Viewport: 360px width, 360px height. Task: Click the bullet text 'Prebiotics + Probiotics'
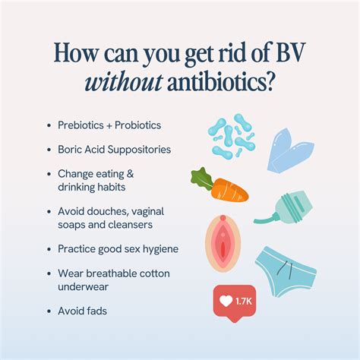click(x=109, y=125)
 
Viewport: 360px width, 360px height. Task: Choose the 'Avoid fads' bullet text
click(x=82, y=310)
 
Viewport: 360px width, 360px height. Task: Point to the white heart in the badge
click(x=226, y=301)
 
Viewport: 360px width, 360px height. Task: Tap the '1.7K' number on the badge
click(x=244, y=301)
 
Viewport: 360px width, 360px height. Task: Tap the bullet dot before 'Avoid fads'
click(x=49, y=310)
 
